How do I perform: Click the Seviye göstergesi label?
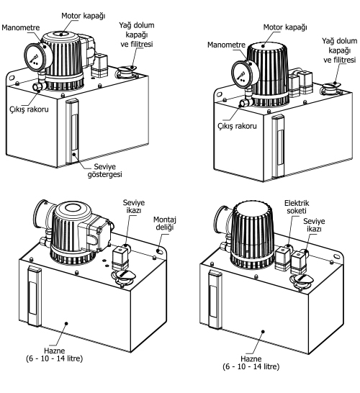[x=105, y=171]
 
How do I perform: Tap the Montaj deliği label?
[x=164, y=223]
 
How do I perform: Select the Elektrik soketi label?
[x=297, y=207]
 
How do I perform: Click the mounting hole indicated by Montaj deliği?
[x=158, y=250]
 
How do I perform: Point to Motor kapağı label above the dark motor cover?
[x=285, y=27]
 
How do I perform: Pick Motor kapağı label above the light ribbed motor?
[x=84, y=16]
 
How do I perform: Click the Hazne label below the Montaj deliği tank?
[x=55, y=354]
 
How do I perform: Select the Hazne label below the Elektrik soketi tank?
[x=251, y=363]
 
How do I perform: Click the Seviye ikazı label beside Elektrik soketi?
[x=314, y=225]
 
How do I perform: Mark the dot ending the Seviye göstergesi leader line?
[x=74, y=154]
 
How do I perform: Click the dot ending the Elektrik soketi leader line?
[x=288, y=246]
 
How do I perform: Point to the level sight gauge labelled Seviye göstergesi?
[x=73, y=131]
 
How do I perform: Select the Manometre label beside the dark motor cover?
[x=226, y=45]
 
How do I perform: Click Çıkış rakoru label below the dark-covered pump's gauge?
[x=237, y=125]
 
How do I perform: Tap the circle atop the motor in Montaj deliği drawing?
[x=73, y=207]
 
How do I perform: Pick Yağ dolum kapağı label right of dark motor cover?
[x=339, y=50]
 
